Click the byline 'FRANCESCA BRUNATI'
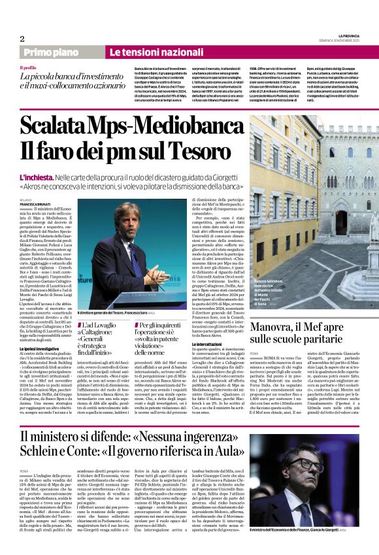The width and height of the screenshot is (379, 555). [x=35, y=204]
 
